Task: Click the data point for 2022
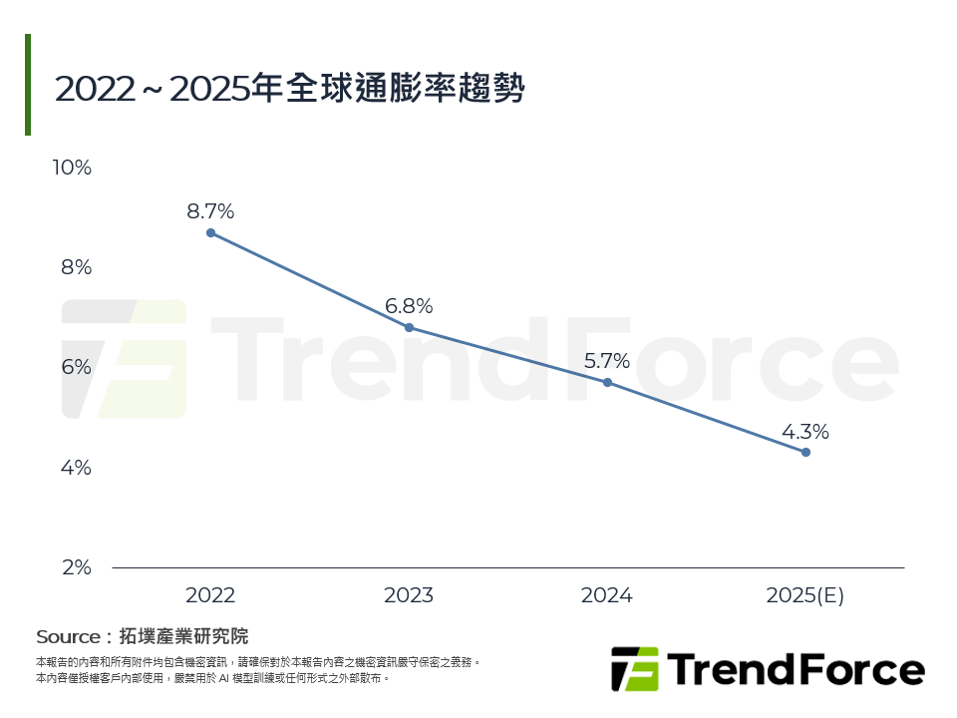[210, 232]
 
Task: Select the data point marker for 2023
[409, 327]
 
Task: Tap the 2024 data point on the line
[607, 382]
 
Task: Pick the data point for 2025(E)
[805, 452]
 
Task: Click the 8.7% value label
[210, 211]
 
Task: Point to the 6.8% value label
[409, 306]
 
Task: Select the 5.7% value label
[607, 361]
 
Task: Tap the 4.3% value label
[805, 432]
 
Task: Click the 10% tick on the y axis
[72, 168]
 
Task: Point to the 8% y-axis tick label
[76, 267]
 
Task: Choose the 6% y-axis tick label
[76, 367]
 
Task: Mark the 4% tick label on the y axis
[76, 467]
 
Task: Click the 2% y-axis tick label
[76, 567]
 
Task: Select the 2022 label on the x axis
[210, 595]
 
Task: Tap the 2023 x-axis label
[409, 595]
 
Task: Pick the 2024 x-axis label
[607, 595]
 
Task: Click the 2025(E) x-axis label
[805, 595]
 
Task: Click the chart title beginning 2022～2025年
[290, 88]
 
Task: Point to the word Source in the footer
[68, 636]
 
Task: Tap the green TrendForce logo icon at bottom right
[635, 669]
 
